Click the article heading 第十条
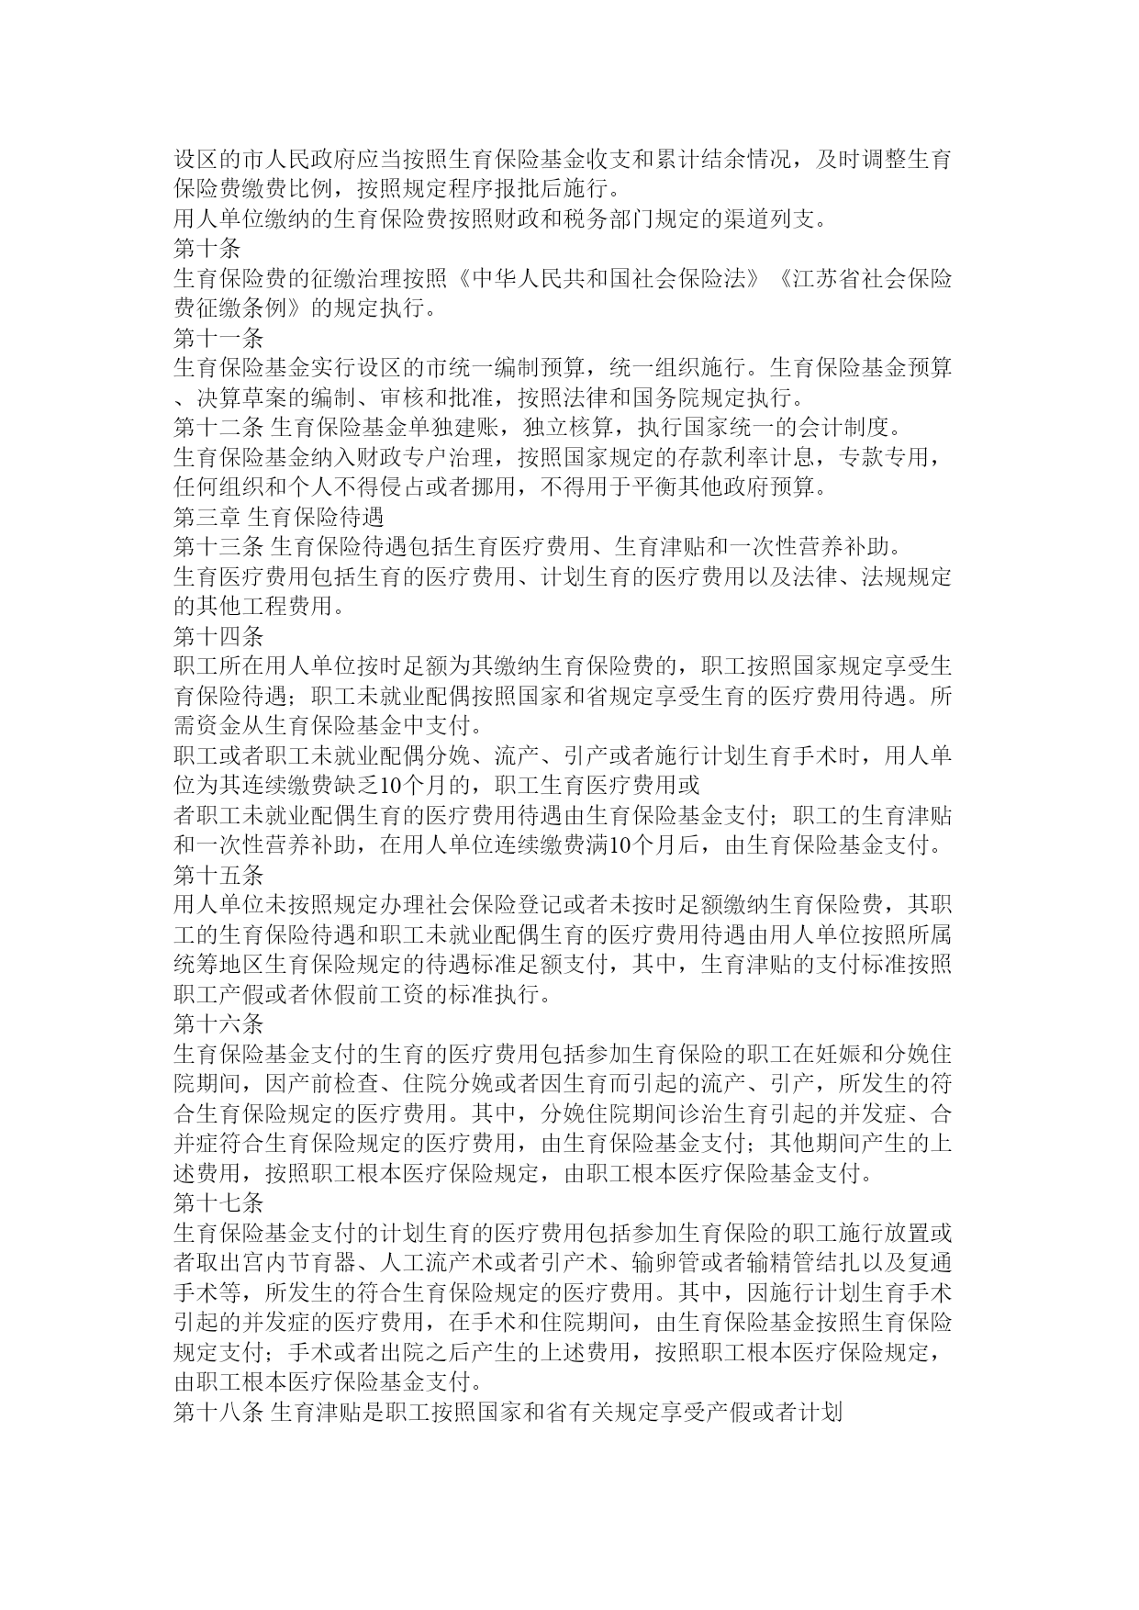pos(207,248)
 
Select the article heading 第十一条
pos(218,338)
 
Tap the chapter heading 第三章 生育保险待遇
pos(278,517)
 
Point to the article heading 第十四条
pos(218,636)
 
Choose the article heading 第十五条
pos(218,875)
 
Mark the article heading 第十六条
pos(218,1024)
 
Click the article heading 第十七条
pos(218,1203)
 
